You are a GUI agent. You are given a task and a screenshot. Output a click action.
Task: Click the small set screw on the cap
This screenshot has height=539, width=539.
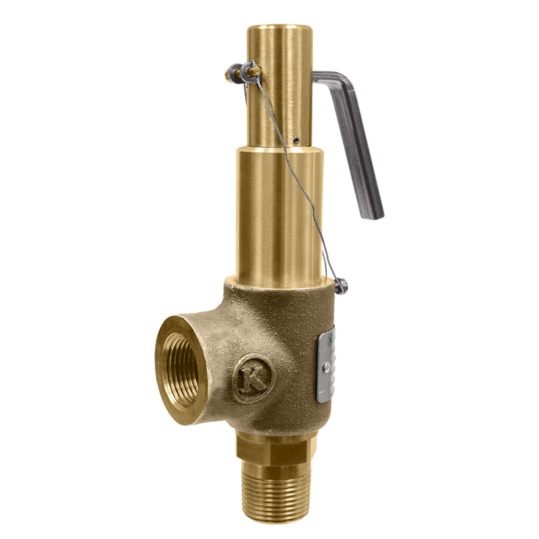click(296, 139)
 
